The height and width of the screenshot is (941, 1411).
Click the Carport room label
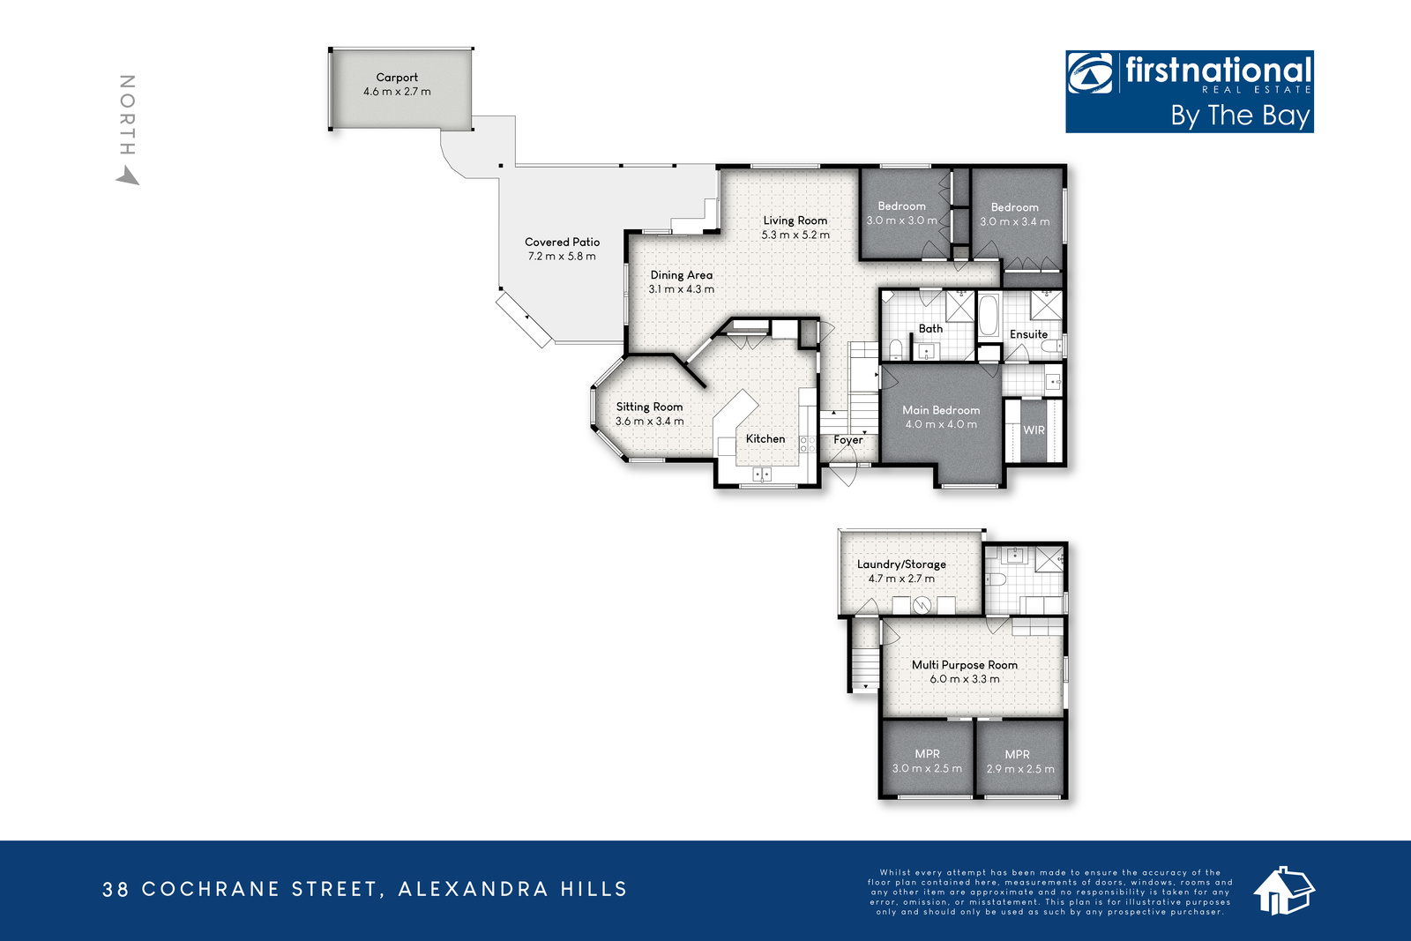[x=397, y=78]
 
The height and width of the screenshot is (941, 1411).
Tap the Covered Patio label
[x=562, y=242]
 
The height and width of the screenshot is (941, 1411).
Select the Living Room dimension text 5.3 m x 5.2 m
[x=795, y=235]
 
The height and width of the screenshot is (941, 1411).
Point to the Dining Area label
[x=681, y=275]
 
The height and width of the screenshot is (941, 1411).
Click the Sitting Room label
[x=649, y=407]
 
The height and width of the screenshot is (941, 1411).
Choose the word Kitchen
[x=765, y=439]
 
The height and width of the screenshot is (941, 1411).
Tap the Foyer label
[x=847, y=440]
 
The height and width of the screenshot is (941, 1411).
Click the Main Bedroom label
[x=941, y=410]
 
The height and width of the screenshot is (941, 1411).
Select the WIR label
[x=1034, y=430]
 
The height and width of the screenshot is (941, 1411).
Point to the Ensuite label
[x=1028, y=334]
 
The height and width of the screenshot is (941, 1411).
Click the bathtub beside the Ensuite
[x=989, y=316]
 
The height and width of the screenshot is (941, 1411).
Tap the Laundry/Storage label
[x=901, y=564]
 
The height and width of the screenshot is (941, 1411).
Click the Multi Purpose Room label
[x=965, y=665]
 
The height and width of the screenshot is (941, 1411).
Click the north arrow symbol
[x=129, y=176]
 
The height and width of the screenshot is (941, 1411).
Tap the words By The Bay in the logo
[x=1240, y=116]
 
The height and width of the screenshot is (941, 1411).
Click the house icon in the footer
[x=1284, y=891]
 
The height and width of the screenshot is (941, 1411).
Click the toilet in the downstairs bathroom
[x=996, y=579]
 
